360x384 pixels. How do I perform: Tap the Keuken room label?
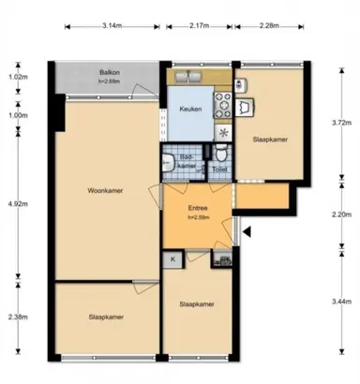[x=191, y=111]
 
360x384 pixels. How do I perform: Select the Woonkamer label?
[x=107, y=192]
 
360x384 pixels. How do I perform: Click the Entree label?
[x=198, y=209]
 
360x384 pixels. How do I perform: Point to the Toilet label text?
[x=220, y=169]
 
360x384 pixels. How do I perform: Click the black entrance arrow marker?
[x=247, y=230]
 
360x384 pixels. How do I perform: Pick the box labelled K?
[x=173, y=258]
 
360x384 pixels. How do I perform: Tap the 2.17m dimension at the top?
[x=199, y=26]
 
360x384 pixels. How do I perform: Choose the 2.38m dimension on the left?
[x=16, y=317]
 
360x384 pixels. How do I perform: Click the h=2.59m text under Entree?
[x=198, y=218]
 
